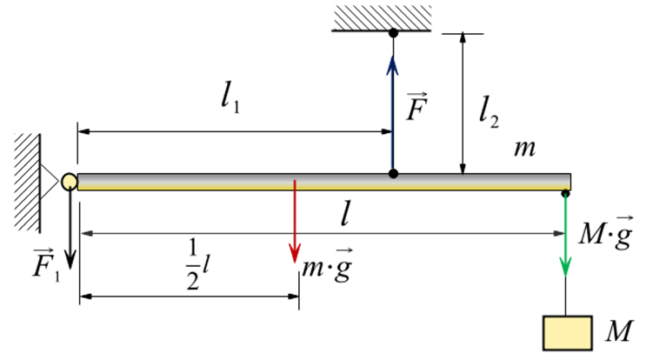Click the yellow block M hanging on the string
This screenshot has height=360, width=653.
coord(565,331)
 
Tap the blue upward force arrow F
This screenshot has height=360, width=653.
coord(393,104)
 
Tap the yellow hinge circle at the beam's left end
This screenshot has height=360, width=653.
coord(70,181)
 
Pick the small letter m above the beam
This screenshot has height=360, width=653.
coord(523,149)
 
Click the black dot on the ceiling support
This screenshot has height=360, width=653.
coord(393,33)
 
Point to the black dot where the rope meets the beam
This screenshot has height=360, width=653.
coord(393,174)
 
